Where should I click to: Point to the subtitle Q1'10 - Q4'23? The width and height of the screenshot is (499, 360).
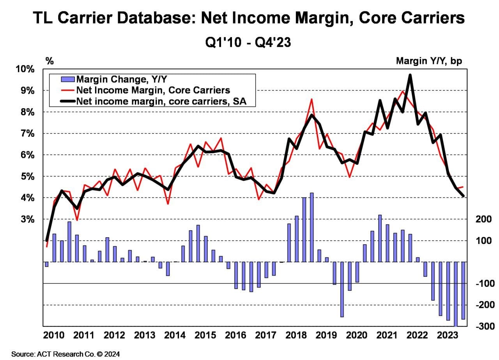click(x=248, y=42)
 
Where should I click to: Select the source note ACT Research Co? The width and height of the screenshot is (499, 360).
click(x=65, y=354)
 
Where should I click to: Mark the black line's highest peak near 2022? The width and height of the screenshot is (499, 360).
click(x=410, y=75)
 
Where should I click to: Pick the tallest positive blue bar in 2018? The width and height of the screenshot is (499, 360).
click(x=312, y=227)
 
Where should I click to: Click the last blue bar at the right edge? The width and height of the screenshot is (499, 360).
click(x=464, y=291)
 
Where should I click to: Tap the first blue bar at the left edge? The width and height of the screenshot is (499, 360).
click(x=47, y=264)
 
